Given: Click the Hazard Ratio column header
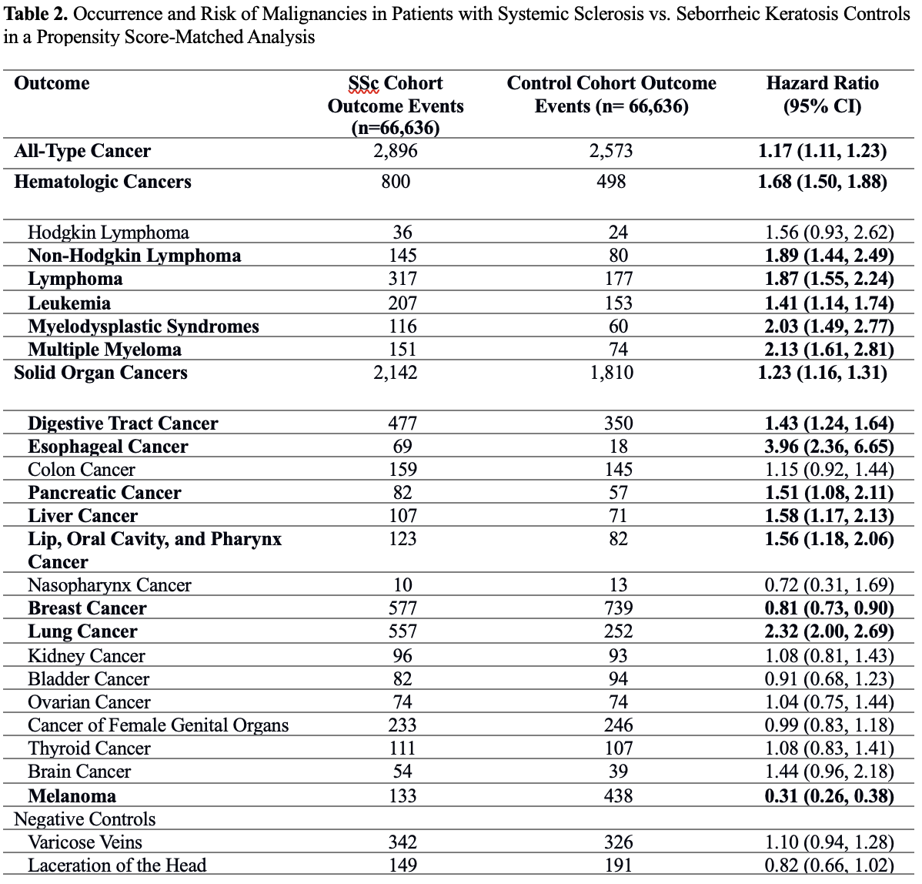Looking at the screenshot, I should point(822,94).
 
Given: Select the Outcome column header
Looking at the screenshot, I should point(52,83).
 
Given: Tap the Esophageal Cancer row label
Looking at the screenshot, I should point(108,447).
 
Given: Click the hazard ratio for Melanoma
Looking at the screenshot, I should point(829,795).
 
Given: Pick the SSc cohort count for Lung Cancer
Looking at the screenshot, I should point(403,631).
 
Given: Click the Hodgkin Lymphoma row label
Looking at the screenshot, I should point(108,233).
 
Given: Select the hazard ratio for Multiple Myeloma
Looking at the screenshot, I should point(829,350).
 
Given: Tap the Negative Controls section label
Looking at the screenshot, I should point(85,819).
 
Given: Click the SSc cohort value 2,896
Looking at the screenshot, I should point(396,151).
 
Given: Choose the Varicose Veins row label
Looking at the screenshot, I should point(85,842).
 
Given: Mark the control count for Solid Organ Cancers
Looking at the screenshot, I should point(612,373).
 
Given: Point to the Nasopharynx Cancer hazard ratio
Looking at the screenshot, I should point(829,585).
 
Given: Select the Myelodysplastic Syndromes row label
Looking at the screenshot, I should point(143,326).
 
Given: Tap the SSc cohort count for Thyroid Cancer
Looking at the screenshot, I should point(403,748).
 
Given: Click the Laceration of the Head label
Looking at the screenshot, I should point(117,866).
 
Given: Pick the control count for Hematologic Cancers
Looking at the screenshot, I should point(612,182).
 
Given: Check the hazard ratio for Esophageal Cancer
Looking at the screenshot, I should point(829,447).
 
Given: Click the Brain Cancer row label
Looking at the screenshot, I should point(79,772).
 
